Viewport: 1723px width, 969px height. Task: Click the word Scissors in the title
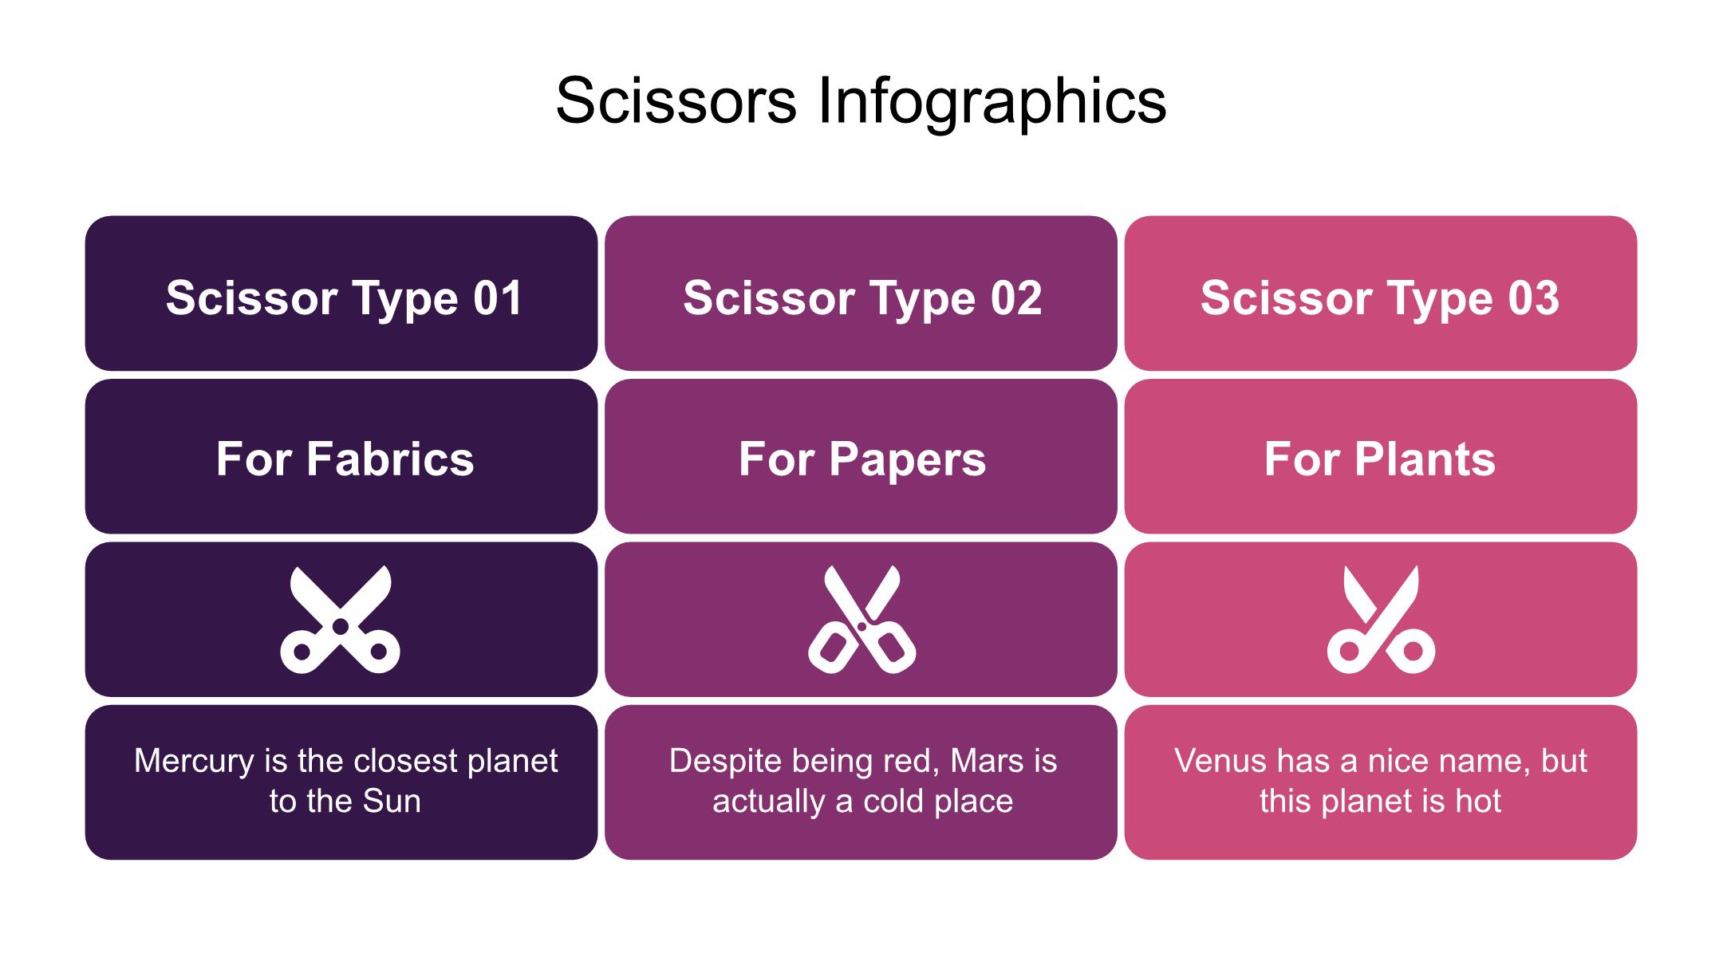676,102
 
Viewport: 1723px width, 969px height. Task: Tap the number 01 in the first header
498,297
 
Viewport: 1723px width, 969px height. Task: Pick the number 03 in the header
1533,297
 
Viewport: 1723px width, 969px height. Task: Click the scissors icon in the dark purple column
341,620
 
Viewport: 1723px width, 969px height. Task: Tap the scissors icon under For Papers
861,620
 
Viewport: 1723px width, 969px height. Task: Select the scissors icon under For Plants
1381,620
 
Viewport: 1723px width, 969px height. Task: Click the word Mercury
194,761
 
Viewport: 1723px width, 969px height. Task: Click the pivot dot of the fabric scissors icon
341,626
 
